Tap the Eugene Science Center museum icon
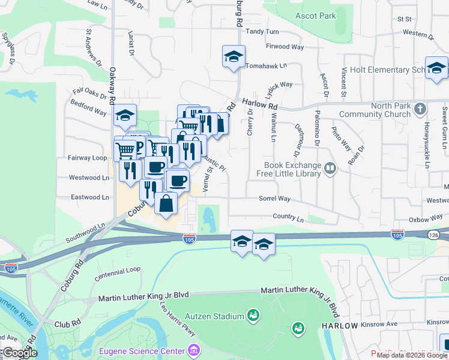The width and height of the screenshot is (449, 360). coord(193,350)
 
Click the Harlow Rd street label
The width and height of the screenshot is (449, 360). coord(261,105)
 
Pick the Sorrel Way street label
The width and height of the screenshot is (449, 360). coord(274,198)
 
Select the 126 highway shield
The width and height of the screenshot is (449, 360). coord(433,234)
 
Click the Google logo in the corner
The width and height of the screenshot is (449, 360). coord(19,353)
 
